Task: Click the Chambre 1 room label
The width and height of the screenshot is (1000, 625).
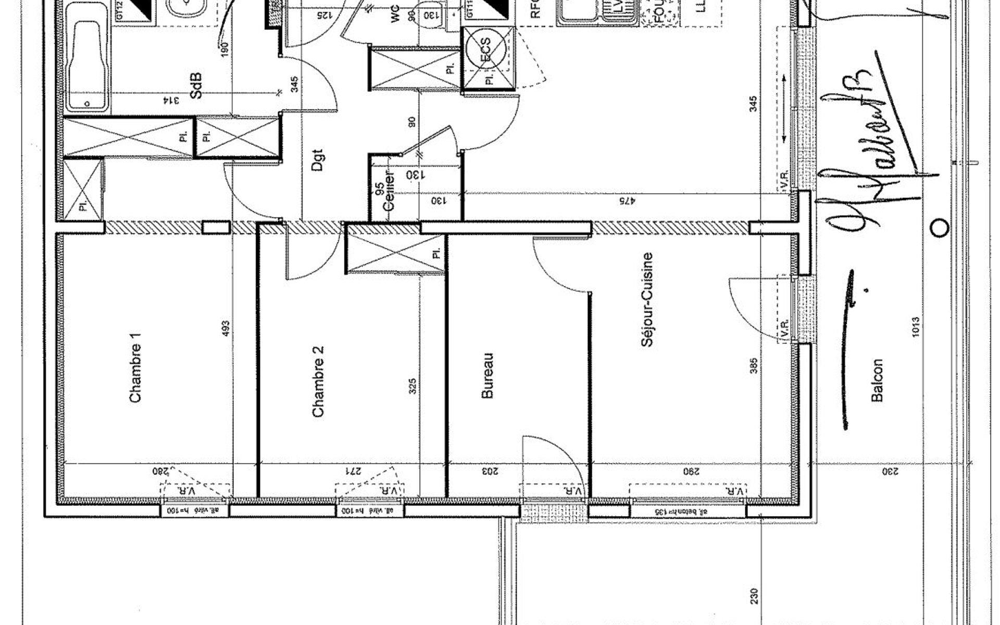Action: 135,368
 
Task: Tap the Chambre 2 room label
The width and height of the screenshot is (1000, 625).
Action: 318,382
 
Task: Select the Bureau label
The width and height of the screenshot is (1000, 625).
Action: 487,377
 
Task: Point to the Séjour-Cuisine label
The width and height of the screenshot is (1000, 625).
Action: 647,300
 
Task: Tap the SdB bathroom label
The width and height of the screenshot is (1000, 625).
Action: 196,86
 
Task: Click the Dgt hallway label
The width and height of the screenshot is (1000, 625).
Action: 317,160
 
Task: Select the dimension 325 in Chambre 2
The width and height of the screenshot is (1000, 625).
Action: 413,386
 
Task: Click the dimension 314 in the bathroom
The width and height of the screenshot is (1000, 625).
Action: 171,101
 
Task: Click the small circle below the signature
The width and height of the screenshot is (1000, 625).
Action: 939,227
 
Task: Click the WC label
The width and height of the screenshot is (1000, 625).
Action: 395,16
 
